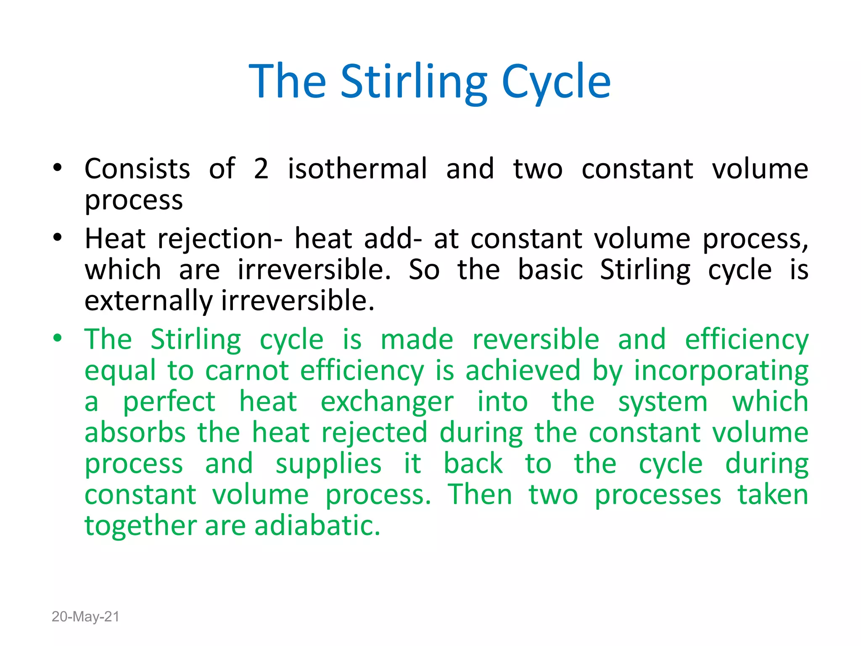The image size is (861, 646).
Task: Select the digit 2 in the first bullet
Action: tap(261, 169)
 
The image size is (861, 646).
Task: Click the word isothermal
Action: tap(357, 169)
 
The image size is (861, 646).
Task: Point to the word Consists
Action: tap(137, 169)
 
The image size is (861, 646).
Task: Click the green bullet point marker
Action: tap(58, 339)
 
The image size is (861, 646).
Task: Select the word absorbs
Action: tap(135, 433)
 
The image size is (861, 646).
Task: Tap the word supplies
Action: tap(328, 465)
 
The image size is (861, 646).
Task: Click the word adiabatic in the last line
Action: tap(317, 526)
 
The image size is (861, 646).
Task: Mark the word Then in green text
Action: tap(479, 495)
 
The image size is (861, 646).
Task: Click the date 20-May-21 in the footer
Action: tap(85, 617)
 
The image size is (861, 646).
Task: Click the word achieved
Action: tap(523, 371)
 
